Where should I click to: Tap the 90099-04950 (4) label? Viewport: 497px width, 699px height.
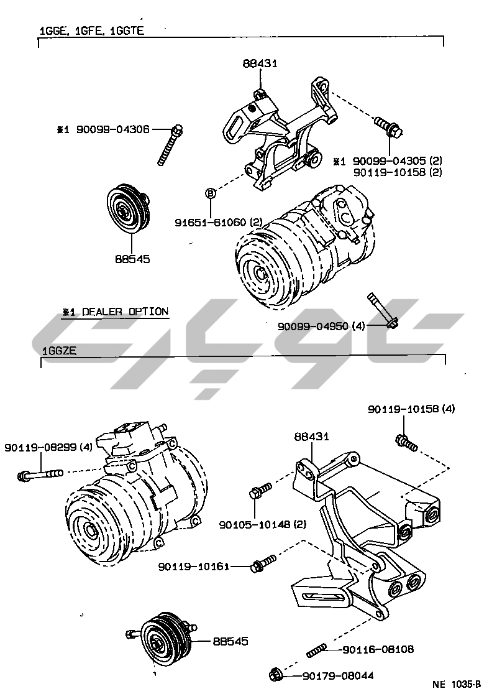click(322, 325)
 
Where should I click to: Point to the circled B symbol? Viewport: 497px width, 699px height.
click(210, 193)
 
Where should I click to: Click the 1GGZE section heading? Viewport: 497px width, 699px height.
click(59, 351)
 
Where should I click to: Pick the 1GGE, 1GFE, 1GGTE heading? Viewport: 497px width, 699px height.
click(91, 30)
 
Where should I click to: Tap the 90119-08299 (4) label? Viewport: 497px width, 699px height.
click(48, 447)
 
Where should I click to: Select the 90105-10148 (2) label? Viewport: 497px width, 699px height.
click(263, 524)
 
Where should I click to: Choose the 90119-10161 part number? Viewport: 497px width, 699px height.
click(194, 566)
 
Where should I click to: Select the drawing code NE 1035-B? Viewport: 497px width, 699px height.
click(457, 685)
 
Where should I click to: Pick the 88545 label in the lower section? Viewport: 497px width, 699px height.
click(230, 641)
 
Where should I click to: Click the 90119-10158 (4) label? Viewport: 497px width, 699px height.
click(411, 409)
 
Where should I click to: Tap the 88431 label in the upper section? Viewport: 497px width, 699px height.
click(260, 63)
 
